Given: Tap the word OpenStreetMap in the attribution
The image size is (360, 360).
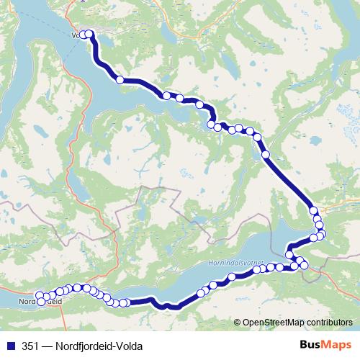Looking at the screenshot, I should pyautogui.click(x=273, y=323).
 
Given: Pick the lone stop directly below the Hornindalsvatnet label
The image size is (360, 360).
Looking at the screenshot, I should pyautogui.click(x=232, y=277).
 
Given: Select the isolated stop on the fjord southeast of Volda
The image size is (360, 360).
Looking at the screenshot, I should pyautogui.click(x=120, y=80).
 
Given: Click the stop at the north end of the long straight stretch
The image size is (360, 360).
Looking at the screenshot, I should pyautogui.click(x=266, y=154).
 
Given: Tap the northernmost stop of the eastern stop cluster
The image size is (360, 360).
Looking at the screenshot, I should pyautogui.click(x=314, y=210).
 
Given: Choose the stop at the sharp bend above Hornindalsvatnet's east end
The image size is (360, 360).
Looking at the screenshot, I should pyautogui.click(x=289, y=253).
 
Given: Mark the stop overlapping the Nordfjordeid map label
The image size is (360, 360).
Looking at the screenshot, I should pyautogui.click(x=40, y=302).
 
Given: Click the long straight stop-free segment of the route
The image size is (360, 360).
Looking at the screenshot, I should pyautogui.click(x=288, y=180).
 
